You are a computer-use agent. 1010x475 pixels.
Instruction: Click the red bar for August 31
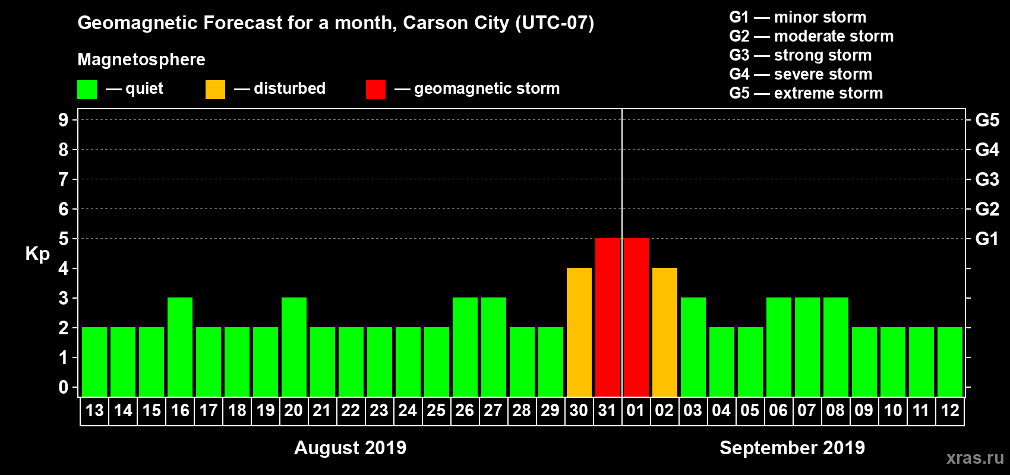[x=608, y=317]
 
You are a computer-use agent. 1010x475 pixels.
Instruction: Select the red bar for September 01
[x=636, y=317]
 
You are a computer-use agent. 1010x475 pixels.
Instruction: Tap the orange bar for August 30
[x=579, y=332]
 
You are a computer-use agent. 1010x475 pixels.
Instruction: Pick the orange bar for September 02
[x=665, y=332]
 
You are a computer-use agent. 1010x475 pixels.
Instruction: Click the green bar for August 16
[x=180, y=347]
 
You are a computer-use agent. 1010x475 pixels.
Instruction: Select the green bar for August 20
[x=294, y=347]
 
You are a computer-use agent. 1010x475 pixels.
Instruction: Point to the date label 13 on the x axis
[x=94, y=410]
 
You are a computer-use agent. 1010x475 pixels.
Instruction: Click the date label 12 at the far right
[x=950, y=410]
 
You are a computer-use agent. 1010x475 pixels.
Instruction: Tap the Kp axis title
[x=37, y=254]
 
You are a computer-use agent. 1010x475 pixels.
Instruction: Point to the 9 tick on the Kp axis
[x=64, y=120]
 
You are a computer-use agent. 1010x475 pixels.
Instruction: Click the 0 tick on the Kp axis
[x=64, y=387]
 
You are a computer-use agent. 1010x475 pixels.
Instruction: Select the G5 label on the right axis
[x=987, y=120]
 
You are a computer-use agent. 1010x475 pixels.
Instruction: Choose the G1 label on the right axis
[x=987, y=239]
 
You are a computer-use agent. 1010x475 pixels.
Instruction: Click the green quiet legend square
[x=87, y=90]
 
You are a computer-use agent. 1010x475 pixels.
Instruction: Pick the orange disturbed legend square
[x=215, y=90]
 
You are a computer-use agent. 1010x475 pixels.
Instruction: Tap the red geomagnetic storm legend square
[x=375, y=90]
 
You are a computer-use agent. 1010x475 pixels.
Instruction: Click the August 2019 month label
[x=350, y=448]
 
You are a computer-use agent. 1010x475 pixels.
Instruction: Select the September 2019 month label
[x=792, y=448]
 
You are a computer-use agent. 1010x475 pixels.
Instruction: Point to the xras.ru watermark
[x=975, y=458]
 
